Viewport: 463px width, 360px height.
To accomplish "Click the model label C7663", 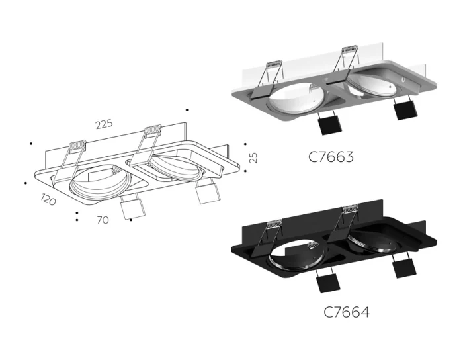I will [x=331, y=157].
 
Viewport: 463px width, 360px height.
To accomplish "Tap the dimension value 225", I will [x=104, y=124].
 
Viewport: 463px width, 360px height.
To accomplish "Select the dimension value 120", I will [x=48, y=199].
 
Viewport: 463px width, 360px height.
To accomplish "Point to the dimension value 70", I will [x=103, y=220].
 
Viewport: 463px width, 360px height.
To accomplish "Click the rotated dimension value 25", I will [x=253, y=157].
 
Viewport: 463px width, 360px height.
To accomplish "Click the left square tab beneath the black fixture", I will [x=327, y=282].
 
